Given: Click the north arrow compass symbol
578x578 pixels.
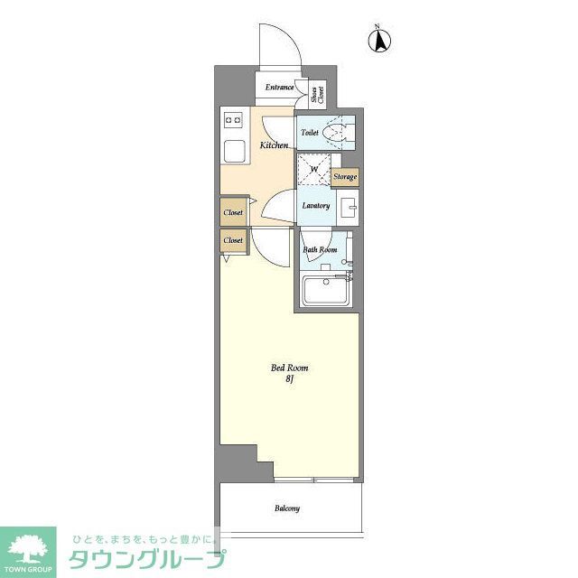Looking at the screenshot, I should (381, 41).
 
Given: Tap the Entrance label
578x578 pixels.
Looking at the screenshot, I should (280, 88).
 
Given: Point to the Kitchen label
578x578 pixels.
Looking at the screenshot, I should (274, 144).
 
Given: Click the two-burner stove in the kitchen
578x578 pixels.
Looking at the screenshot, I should (232, 118).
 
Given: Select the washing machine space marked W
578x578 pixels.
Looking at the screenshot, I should (314, 169).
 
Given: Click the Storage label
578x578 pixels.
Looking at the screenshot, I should (345, 177).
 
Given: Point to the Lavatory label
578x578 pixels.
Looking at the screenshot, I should (315, 205).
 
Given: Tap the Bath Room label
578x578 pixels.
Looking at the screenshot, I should (320, 249).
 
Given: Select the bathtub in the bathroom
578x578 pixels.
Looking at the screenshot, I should (327, 291).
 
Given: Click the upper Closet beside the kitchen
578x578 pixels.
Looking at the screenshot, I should (233, 212).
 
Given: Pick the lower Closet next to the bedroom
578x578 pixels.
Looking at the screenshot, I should (233, 241).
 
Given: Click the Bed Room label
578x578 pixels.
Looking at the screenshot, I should (290, 368).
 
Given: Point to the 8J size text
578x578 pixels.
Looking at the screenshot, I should (290, 380).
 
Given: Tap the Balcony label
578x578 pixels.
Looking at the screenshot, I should (287, 508).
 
